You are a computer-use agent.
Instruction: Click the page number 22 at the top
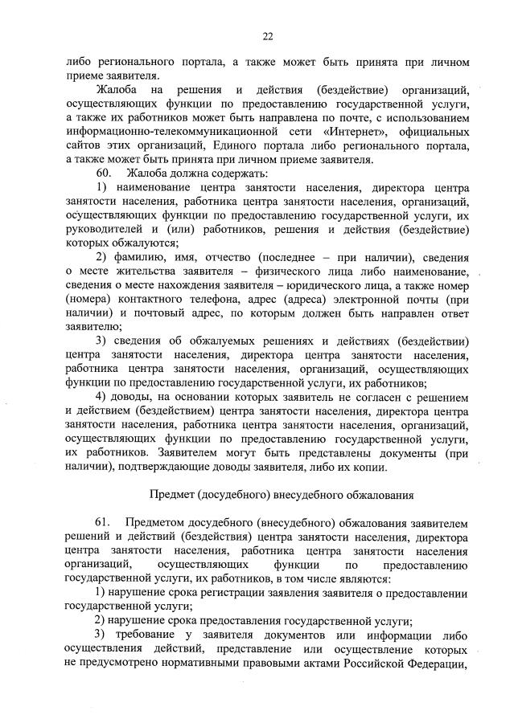coord(267,36)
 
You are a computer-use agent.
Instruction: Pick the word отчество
coord(249,256)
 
